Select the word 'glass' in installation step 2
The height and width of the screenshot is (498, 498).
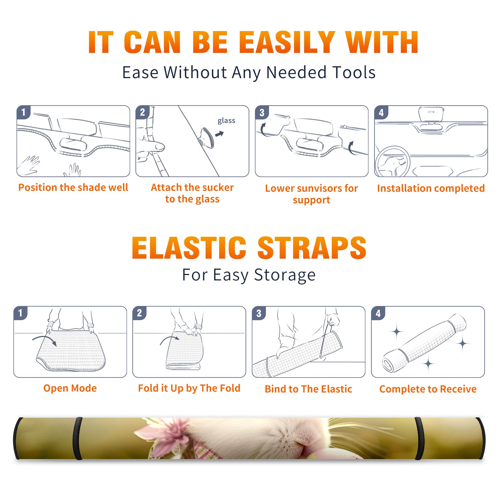click(x=226, y=121)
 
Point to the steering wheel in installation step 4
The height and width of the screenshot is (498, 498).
click(x=392, y=161)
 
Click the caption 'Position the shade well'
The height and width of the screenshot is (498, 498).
click(x=73, y=187)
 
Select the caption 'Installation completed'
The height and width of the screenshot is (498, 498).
click(x=431, y=188)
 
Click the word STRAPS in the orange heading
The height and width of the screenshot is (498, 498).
click(x=312, y=248)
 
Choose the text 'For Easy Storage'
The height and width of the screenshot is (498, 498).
click(x=249, y=275)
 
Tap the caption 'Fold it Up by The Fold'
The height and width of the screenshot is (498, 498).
click(x=189, y=388)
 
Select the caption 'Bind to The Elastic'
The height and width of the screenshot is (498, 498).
click(x=308, y=389)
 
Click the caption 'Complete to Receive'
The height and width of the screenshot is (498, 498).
click(x=428, y=389)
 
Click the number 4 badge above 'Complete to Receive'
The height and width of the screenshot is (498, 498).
click(x=378, y=313)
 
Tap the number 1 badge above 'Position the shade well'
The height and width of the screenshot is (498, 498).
click(x=23, y=112)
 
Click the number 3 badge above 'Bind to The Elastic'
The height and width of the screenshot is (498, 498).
click(x=259, y=313)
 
